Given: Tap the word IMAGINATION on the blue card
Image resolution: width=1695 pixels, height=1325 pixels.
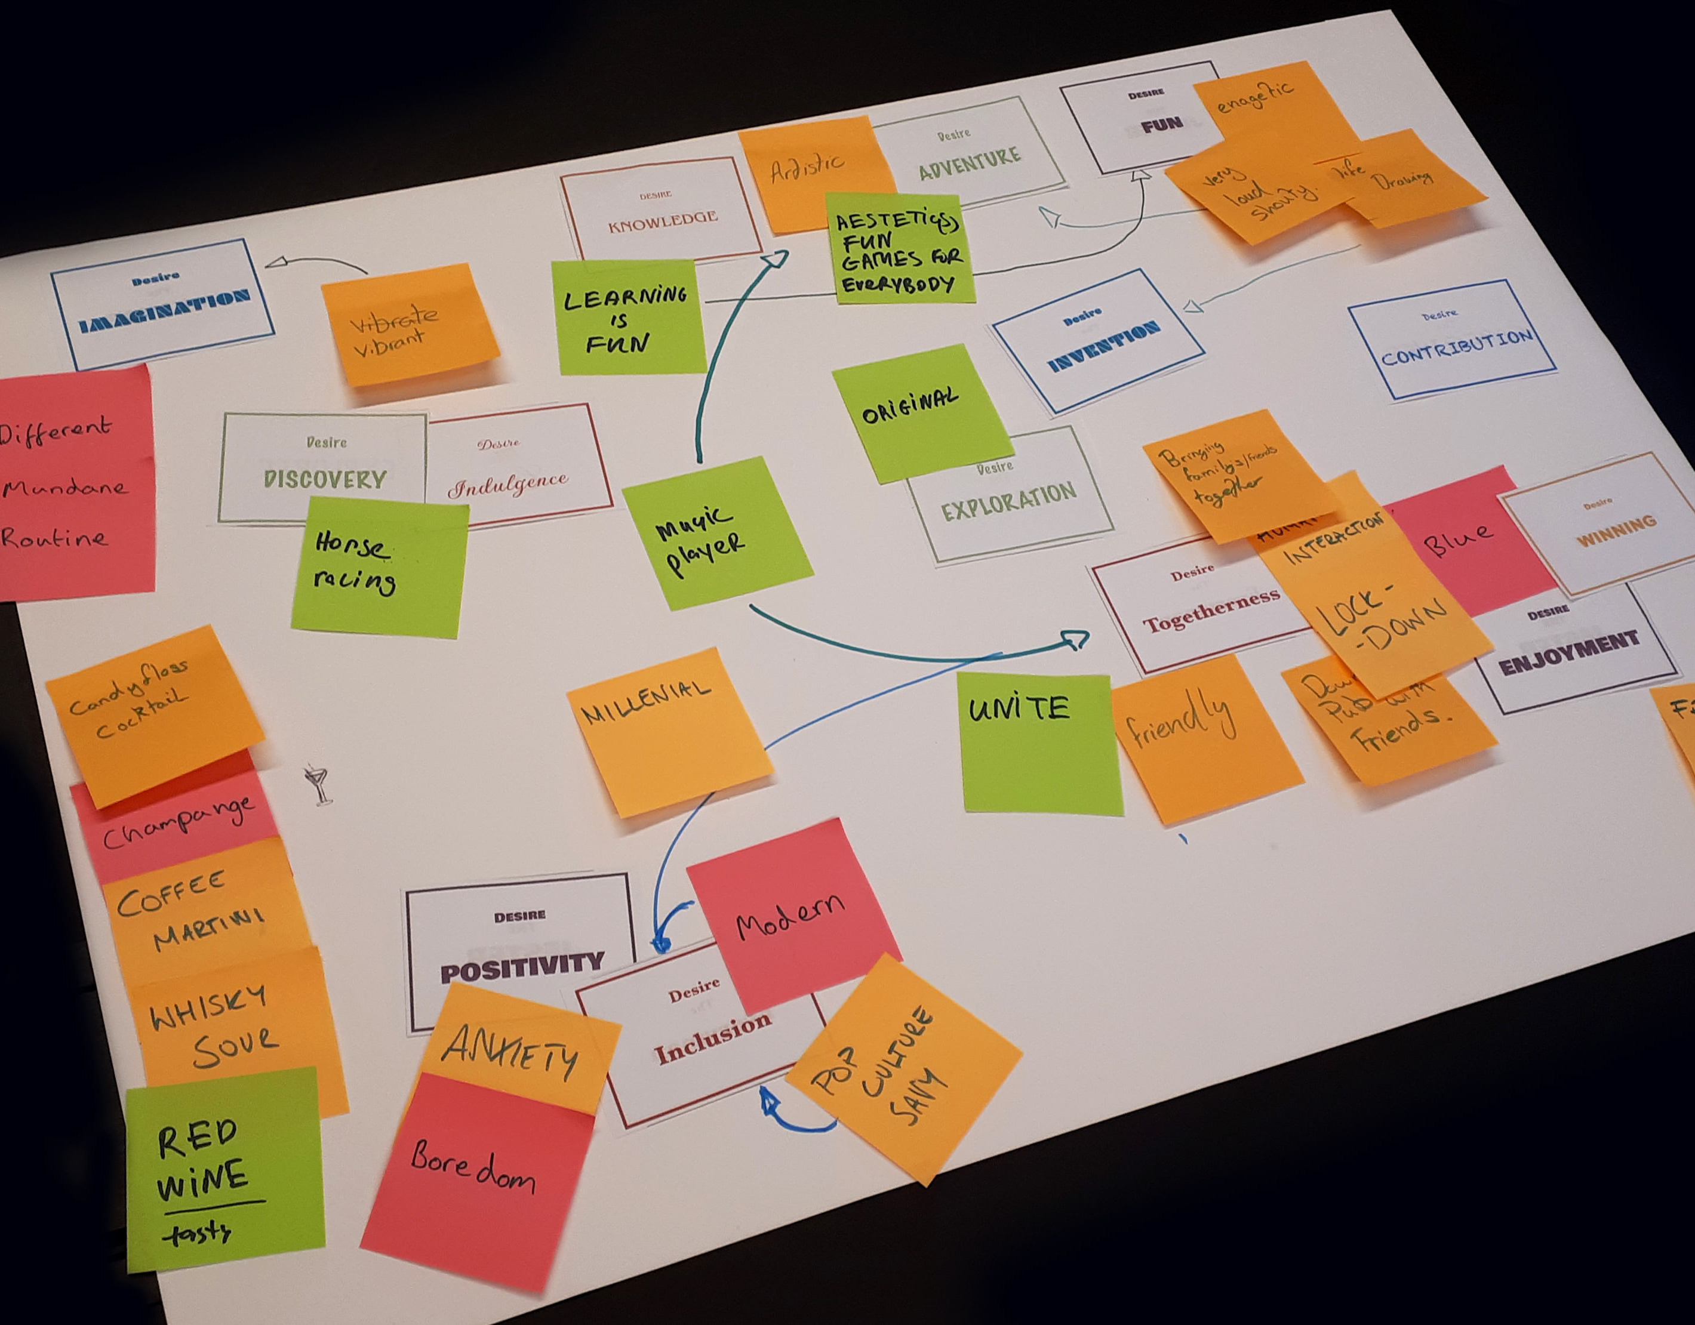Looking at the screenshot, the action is [165, 312].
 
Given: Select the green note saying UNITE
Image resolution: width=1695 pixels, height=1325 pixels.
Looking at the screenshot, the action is [1041, 743].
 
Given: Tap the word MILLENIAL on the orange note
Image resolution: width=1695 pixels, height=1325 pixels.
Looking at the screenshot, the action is [647, 702].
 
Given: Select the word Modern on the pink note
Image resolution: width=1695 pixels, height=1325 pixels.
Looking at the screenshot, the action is [790, 916].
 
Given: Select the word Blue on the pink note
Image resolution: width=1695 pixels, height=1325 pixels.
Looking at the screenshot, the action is [1457, 538].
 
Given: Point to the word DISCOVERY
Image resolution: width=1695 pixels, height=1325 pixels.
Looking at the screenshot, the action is [324, 479].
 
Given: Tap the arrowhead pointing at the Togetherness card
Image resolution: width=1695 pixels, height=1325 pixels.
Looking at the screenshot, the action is [1075, 639].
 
